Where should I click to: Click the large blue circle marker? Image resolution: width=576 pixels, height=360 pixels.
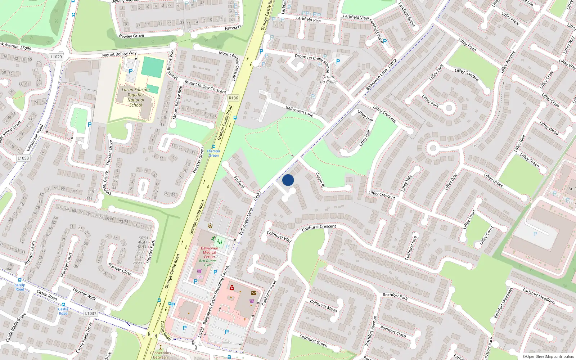click(x=288, y=180)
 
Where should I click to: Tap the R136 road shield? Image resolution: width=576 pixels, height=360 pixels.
click(x=233, y=98)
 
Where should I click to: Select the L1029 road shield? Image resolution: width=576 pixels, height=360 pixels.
click(x=56, y=57)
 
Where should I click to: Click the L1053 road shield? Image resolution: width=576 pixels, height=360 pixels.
click(x=23, y=158)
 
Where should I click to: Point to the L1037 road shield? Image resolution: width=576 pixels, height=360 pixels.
click(x=91, y=313)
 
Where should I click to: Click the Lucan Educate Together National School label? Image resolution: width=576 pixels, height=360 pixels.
click(x=136, y=97)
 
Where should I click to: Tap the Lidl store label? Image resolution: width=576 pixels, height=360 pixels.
click(x=199, y=277)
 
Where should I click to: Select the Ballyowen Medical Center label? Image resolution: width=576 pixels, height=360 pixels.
click(x=210, y=252)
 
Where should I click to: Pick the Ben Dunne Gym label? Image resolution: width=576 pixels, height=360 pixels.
click(x=208, y=263)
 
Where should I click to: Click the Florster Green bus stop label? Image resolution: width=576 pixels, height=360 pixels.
click(x=214, y=153)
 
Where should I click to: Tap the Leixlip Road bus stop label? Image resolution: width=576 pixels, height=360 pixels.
click(x=20, y=287)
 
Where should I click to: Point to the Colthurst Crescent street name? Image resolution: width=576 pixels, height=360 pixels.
click(x=319, y=228)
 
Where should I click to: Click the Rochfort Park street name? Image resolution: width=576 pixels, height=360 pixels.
click(x=395, y=296)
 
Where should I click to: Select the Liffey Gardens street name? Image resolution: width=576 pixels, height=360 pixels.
click(x=467, y=75)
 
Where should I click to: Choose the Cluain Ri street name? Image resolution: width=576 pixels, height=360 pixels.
click(x=320, y=180)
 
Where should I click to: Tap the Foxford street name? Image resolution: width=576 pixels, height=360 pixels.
click(x=239, y=182)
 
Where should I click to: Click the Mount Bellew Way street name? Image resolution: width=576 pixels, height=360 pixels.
click(x=119, y=54)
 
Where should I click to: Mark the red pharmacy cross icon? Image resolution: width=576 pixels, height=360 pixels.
click(x=232, y=288)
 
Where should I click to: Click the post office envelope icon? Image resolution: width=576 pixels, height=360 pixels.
click(x=254, y=293)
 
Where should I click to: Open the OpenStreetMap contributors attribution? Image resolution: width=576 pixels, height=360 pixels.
click(x=548, y=356)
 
